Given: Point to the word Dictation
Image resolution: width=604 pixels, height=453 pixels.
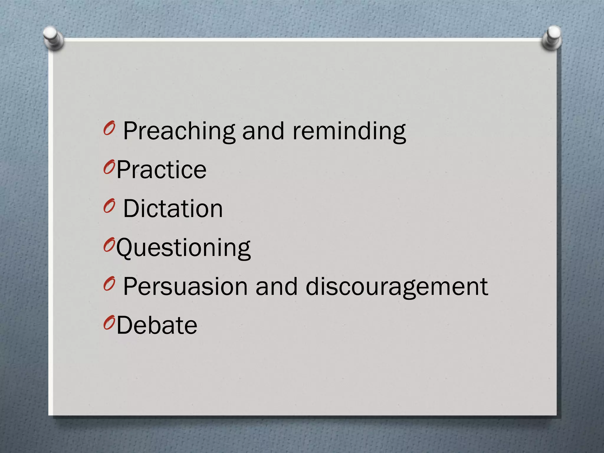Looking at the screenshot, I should (x=173, y=209).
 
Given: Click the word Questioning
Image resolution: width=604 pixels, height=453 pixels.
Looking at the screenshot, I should (x=183, y=248).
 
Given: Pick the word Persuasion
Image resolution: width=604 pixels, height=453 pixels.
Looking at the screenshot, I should (x=185, y=287).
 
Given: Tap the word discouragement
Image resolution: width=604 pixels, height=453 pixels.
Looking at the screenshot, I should (x=397, y=287).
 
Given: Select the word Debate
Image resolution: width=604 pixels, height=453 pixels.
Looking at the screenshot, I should (x=157, y=326).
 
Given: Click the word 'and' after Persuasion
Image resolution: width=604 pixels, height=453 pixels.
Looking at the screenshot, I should (x=276, y=287).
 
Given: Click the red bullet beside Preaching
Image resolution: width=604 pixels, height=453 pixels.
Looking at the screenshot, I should (x=109, y=128).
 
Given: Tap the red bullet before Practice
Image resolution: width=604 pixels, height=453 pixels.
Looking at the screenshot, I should (x=109, y=167).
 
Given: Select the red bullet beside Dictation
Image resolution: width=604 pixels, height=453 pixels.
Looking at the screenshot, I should (x=109, y=206).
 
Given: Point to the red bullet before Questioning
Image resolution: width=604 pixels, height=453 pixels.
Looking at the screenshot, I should (x=109, y=245).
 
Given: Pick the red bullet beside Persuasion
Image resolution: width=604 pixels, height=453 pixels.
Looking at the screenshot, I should (x=109, y=284).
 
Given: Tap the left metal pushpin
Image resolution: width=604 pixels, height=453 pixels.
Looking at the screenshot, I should (x=52, y=38).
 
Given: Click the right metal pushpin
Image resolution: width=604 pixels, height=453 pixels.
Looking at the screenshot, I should (x=552, y=38).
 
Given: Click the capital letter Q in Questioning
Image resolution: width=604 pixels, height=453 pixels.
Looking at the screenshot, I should (x=125, y=248).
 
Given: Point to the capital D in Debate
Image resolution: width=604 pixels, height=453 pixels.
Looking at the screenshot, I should (x=125, y=326).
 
